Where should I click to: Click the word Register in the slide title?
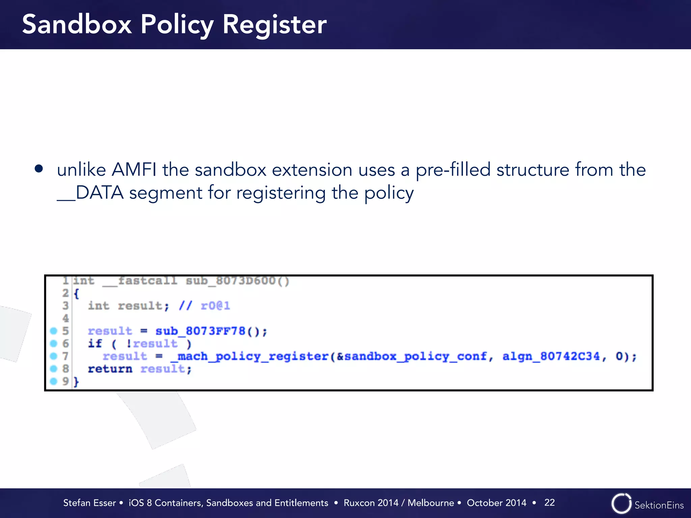pos(274,25)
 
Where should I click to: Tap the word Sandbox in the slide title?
pos(77,25)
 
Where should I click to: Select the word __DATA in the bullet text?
pos(90,193)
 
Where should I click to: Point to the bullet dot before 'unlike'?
pos(39,169)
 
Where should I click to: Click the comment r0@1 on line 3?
pos(215,306)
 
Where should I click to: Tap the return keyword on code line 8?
pos(110,369)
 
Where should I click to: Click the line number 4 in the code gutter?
pos(65,318)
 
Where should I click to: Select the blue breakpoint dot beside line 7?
pos(54,356)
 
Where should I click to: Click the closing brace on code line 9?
pos(76,382)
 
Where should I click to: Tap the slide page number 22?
pos(549,502)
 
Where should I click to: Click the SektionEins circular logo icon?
pos(621,503)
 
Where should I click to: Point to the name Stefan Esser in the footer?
pos(89,503)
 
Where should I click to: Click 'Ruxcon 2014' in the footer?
pos(370,503)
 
